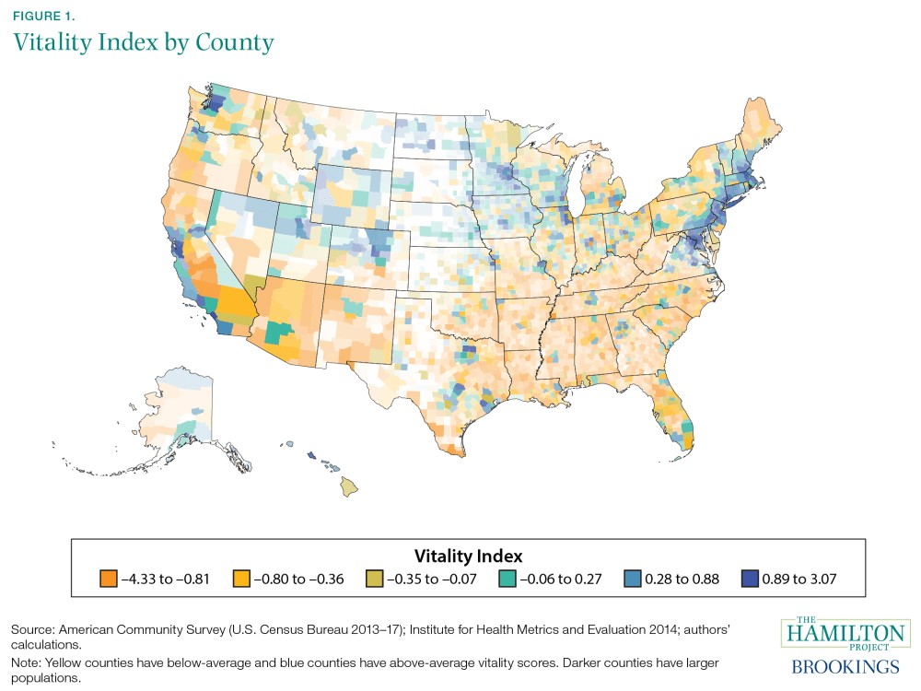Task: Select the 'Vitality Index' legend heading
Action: [469, 556]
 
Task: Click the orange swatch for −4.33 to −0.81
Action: [106, 580]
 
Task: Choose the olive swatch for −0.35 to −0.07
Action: [379, 580]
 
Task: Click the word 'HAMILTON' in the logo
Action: [845, 634]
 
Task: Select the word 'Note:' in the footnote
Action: [28, 663]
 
